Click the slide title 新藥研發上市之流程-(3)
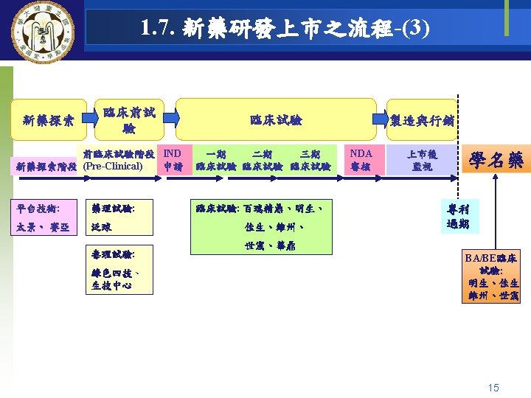pos(284,29)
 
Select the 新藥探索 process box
pos(48,120)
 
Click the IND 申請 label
pos(173,160)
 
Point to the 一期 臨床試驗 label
pos(216,161)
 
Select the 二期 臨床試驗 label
pos(263,161)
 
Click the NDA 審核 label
pos(361,160)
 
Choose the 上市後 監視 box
pos(422,160)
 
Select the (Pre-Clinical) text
pos(114,167)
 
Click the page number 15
pos(493,387)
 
